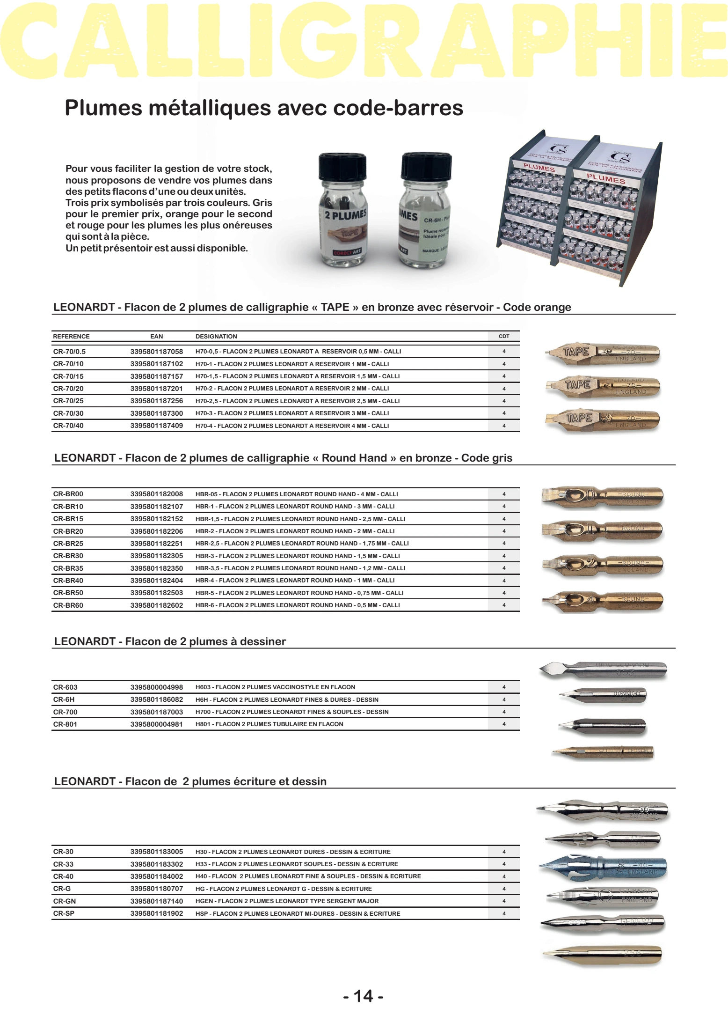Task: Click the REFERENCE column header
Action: [71, 336]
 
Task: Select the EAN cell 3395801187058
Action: [156, 351]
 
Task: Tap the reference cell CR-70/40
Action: [68, 426]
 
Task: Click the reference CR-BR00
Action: [68, 494]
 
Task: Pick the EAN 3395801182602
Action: [156, 605]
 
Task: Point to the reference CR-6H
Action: [64, 699]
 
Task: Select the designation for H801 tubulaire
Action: [269, 724]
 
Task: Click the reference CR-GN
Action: [65, 901]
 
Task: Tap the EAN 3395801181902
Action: [156, 913]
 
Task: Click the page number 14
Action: [364, 996]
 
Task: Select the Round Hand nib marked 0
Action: [603, 496]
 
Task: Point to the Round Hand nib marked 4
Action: [603, 600]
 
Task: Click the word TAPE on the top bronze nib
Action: [576, 352]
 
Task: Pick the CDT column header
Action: [504, 336]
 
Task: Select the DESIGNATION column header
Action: [216, 336]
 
